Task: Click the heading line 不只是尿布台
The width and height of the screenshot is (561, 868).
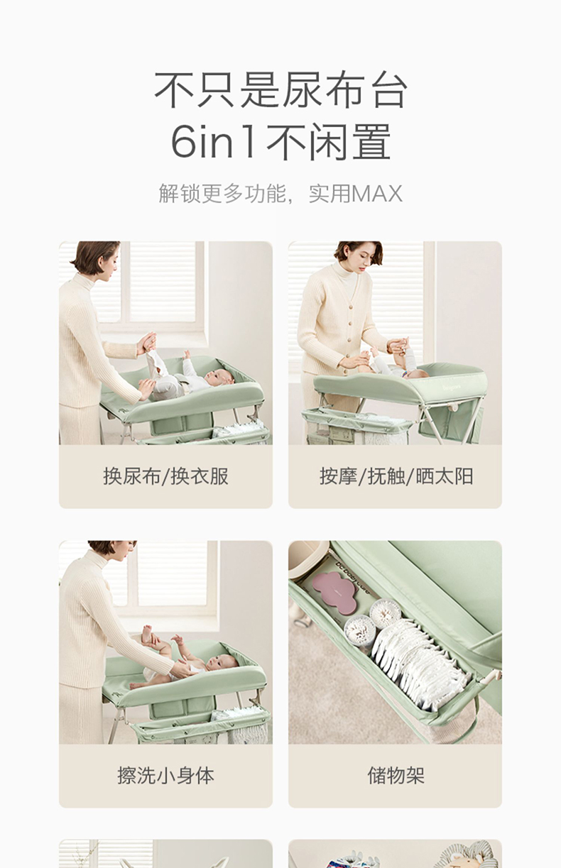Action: [x=280, y=89]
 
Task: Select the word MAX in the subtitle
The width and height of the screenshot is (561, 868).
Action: [x=376, y=194]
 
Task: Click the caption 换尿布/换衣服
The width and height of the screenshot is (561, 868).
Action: [x=165, y=476]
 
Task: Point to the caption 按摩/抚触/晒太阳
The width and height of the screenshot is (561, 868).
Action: [x=396, y=476]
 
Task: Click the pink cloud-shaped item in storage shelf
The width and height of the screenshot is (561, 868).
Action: [x=334, y=588]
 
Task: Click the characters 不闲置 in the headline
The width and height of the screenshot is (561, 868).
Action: [x=329, y=141]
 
